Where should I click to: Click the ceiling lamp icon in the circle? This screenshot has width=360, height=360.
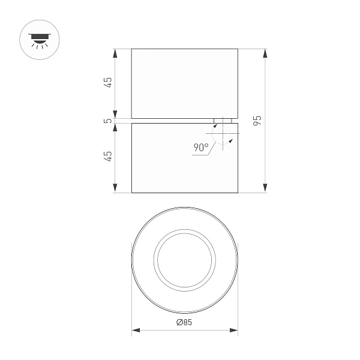[x=40, y=38]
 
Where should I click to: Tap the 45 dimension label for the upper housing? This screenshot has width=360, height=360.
[x=108, y=83]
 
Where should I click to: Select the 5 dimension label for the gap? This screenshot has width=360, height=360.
[x=108, y=121]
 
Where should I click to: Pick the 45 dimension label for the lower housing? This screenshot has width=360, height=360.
[x=108, y=157]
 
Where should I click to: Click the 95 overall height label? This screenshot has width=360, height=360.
[x=257, y=120]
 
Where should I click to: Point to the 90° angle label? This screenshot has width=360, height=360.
[x=201, y=147]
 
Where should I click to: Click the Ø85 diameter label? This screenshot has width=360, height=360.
[x=184, y=323]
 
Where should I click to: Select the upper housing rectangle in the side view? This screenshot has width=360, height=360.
[x=184, y=83]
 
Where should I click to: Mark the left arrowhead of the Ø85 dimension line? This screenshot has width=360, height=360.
[x=135, y=331]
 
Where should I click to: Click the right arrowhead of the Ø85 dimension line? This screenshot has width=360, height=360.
[x=234, y=331]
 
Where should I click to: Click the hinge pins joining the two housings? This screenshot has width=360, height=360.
[x=223, y=121]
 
